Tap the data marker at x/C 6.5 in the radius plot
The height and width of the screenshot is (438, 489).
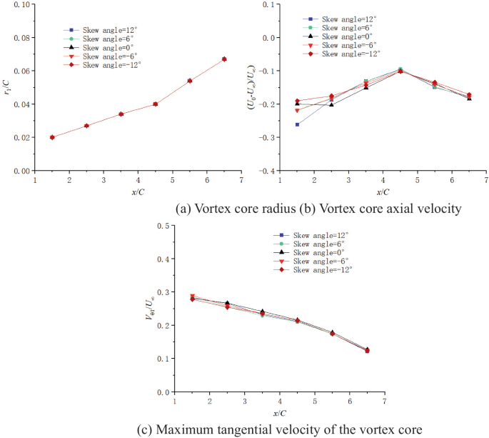(x=224, y=59)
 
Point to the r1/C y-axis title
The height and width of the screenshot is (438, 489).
(x=7, y=89)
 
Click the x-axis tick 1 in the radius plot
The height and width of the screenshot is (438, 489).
(x=35, y=180)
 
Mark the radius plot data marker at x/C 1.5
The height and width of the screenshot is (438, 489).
(x=52, y=137)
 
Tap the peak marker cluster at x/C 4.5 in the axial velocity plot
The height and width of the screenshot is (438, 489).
(x=400, y=70)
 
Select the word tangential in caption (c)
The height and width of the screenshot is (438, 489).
(x=271, y=429)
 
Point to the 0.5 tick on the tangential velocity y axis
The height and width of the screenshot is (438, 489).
(x=165, y=227)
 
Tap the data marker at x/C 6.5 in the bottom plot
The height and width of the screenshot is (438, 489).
(x=367, y=350)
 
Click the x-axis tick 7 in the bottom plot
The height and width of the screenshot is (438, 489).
(x=384, y=402)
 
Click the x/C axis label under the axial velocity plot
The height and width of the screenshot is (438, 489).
(x=383, y=191)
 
